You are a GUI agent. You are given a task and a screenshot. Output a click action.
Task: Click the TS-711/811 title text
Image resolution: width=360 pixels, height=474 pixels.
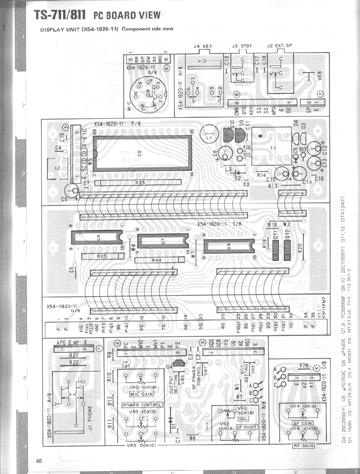(x=60, y=15)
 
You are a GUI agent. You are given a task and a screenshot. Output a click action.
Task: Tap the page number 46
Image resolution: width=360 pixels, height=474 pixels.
(x=39, y=461)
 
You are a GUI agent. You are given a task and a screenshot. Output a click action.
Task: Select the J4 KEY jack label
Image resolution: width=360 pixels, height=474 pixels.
(x=203, y=46)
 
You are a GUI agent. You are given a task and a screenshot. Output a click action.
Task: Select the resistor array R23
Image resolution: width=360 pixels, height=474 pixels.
(x=140, y=182)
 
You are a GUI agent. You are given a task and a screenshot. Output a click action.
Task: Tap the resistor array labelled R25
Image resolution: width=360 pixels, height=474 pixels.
(x=101, y=257)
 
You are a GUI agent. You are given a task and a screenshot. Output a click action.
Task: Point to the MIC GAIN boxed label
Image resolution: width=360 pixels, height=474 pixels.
(x=142, y=394)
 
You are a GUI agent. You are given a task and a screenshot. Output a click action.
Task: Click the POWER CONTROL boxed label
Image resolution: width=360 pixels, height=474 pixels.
(x=142, y=405)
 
